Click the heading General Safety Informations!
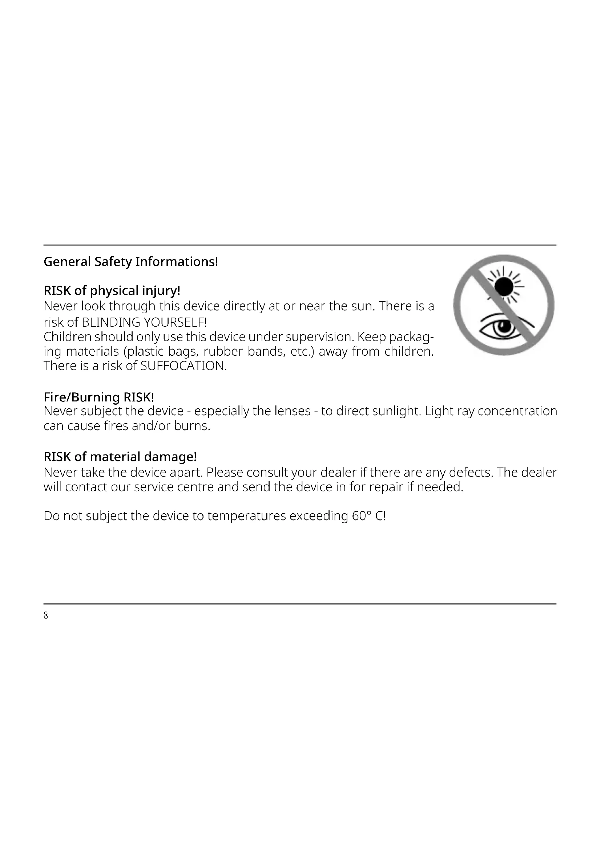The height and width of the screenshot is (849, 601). (131, 262)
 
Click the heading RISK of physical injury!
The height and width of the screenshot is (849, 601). (112, 291)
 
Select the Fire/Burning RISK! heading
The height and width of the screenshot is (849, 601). (98, 397)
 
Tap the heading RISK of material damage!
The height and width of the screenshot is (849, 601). (120, 457)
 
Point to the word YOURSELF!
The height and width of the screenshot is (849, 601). (175, 322)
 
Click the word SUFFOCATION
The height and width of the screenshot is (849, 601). (183, 366)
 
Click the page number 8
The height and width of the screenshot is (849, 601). (46, 615)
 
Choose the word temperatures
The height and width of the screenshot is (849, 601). (246, 516)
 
